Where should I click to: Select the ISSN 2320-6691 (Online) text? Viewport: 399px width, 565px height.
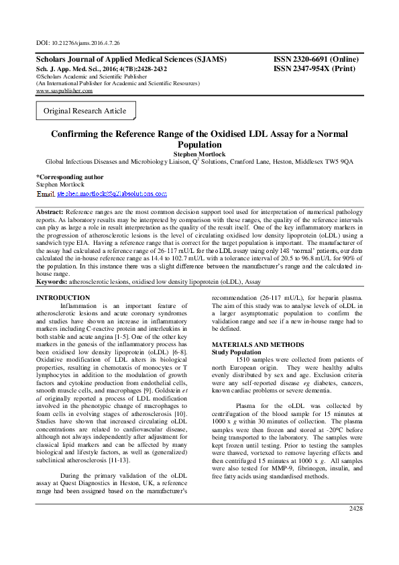(316, 59)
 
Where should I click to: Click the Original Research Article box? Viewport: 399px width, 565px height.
(84, 110)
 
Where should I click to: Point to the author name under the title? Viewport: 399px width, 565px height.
(199, 153)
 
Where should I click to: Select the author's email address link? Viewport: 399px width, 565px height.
(112, 193)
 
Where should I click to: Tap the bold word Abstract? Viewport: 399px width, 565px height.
(50, 212)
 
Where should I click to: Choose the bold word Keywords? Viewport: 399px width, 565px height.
(52, 282)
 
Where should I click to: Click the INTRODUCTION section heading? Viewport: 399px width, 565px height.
(62, 297)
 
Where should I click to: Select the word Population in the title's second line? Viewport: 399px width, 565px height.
(199, 144)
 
